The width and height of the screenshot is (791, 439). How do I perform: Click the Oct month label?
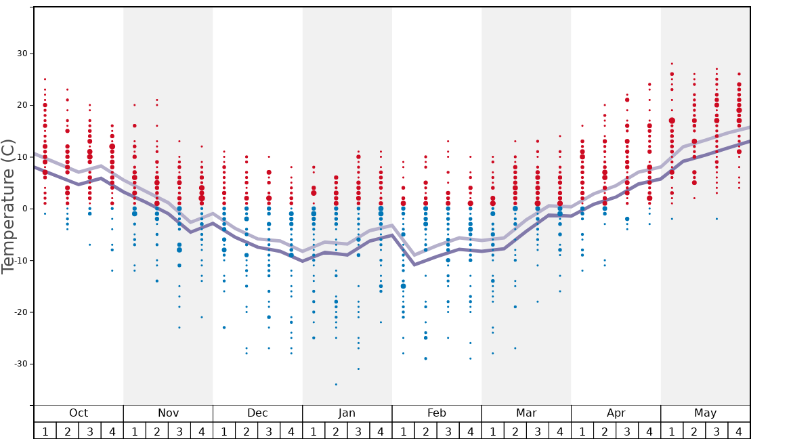click(x=79, y=413)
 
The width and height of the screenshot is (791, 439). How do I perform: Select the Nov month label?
click(x=168, y=413)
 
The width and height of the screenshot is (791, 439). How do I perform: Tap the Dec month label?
click(x=257, y=413)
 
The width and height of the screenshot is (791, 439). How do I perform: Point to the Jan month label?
click(x=347, y=413)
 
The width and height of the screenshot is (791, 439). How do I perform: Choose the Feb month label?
click(x=437, y=413)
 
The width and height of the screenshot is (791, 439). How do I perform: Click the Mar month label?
click(x=526, y=413)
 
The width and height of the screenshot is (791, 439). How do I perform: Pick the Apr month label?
click(x=616, y=413)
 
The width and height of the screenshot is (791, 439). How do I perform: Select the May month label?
click(x=705, y=413)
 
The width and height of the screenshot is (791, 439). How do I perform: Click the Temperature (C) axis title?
click(x=8, y=206)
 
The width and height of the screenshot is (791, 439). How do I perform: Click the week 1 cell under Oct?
click(x=45, y=431)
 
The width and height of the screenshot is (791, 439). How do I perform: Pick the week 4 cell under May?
click(x=739, y=431)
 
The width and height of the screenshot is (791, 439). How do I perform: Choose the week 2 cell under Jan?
click(x=336, y=431)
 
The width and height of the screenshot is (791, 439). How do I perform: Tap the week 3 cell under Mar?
click(x=537, y=431)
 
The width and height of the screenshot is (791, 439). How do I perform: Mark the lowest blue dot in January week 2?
click(x=336, y=384)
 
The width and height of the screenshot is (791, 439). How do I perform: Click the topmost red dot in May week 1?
click(x=672, y=64)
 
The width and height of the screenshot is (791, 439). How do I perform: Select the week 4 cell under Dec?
click(x=291, y=431)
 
